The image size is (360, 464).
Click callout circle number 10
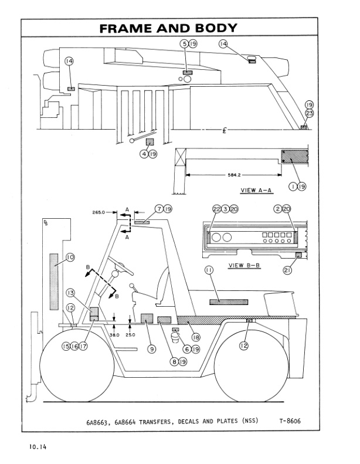[x=70, y=257]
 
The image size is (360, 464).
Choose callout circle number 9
[x=151, y=348]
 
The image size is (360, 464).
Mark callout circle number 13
[x=70, y=293]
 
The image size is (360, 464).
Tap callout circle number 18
[x=195, y=337]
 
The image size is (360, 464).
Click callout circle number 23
[x=309, y=114]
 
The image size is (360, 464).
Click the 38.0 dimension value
[x=115, y=334]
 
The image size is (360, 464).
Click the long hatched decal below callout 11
[x=229, y=302]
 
